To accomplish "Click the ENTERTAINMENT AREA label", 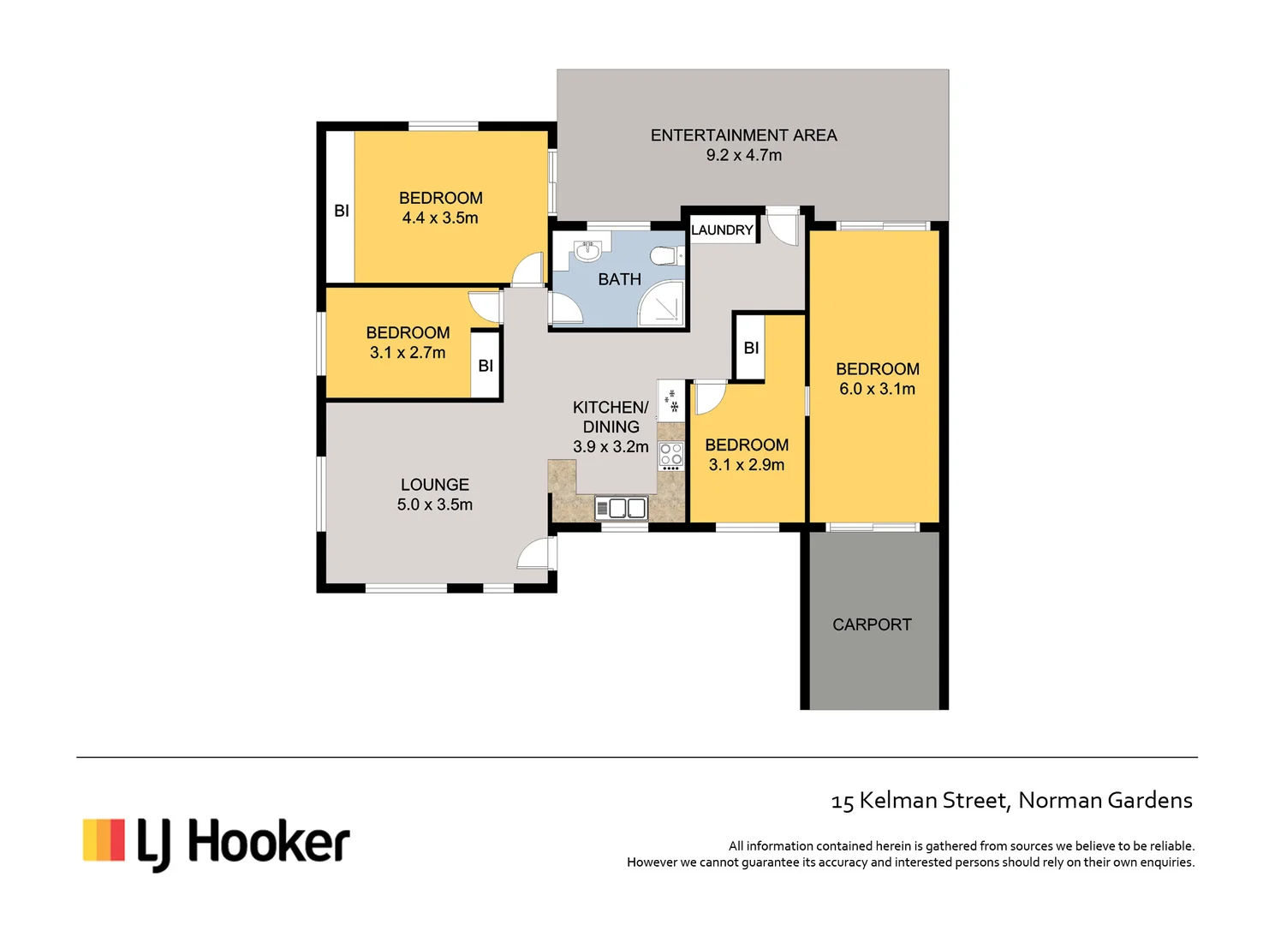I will (743, 135).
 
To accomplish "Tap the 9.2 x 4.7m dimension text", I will (743, 155).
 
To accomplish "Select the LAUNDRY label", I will (722, 230).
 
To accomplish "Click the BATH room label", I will (619, 279).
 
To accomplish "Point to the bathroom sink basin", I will (587, 252).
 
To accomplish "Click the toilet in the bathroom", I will (664, 256).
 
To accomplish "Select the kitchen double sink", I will (622, 509).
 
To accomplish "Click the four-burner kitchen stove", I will (671, 456).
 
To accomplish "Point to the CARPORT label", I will (872, 624).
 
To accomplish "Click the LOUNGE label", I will (434, 485).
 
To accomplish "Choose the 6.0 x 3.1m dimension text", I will (877, 389).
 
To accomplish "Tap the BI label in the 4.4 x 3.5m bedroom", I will (341, 211).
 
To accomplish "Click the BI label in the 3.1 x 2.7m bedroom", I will (486, 366).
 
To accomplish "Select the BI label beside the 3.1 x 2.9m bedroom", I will (751, 348).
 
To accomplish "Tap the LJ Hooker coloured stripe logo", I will (104, 839).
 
